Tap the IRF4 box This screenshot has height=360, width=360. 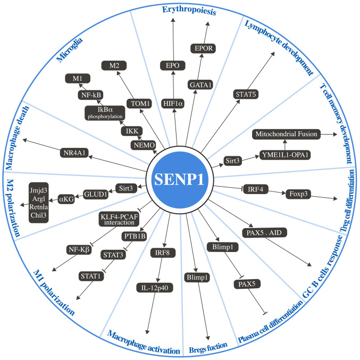pyautogui.click(x=257, y=188)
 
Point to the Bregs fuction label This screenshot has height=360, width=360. pyautogui.click(x=207, y=346)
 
